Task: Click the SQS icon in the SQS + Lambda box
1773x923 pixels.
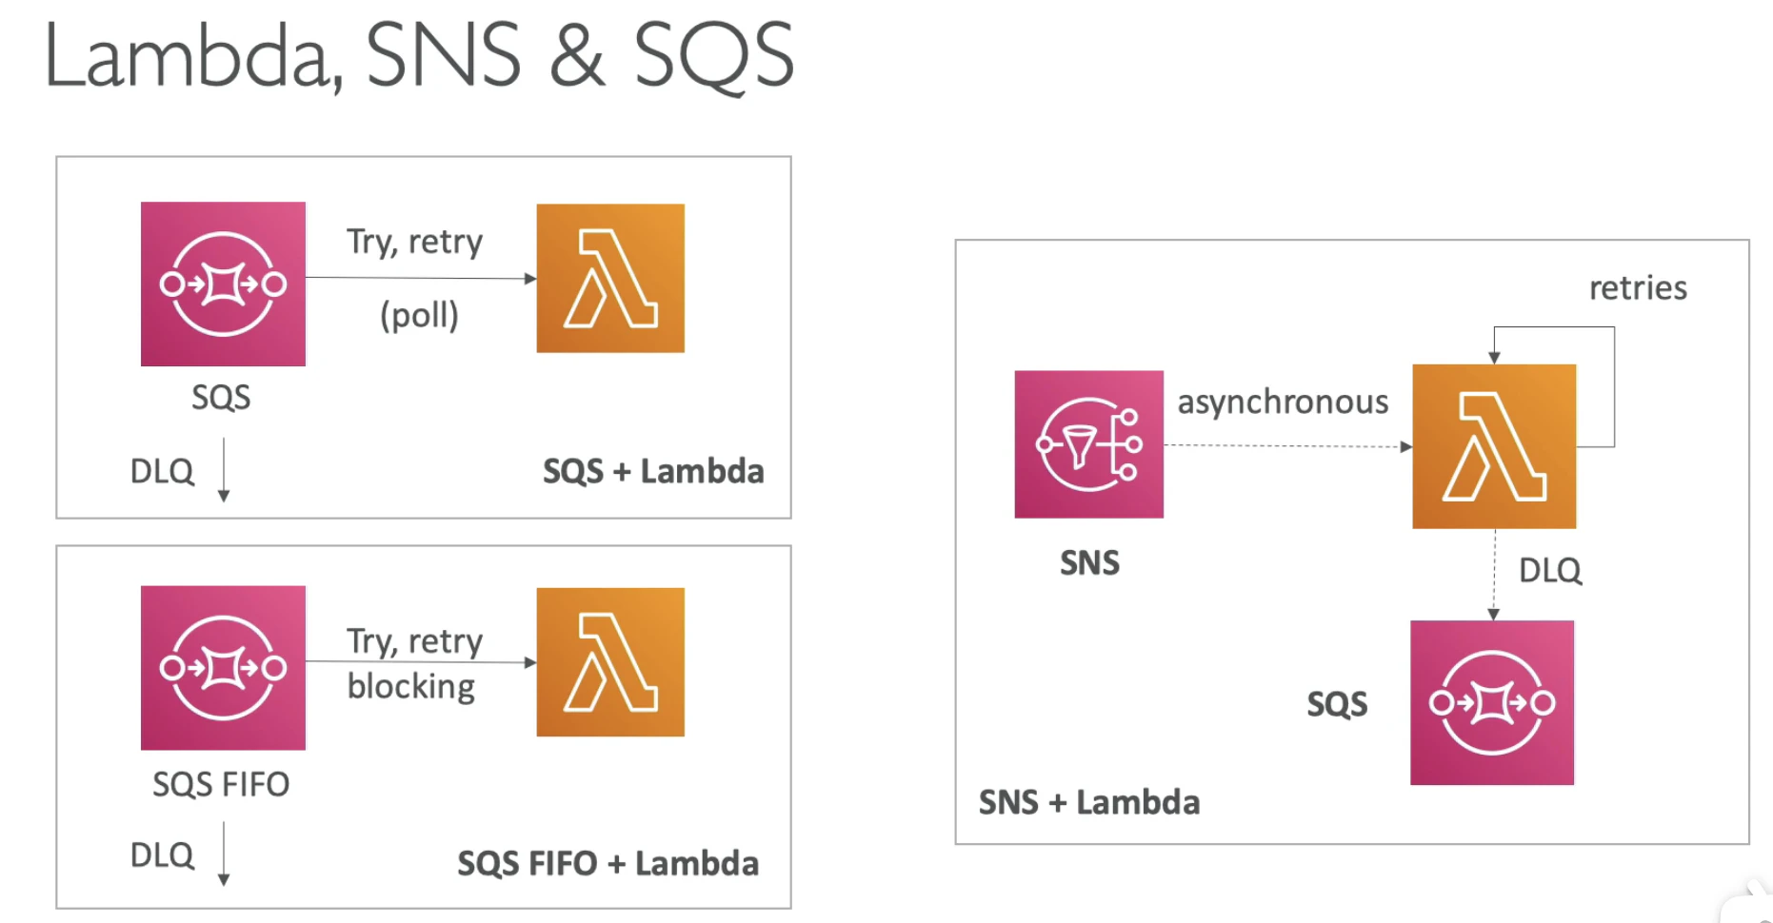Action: [x=223, y=284]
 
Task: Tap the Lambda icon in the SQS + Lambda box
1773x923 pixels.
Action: [x=610, y=278]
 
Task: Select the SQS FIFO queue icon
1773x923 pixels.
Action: [x=223, y=667]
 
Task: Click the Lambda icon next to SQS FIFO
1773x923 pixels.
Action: [x=610, y=662]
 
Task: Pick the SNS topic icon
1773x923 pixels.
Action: [x=1088, y=443]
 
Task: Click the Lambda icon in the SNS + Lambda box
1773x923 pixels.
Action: [x=1494, y=446]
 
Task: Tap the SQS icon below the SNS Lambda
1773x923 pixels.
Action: [x=1492, y=702]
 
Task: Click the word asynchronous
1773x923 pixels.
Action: [x=1283, y=403]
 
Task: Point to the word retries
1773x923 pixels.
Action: [x=1638, y=288]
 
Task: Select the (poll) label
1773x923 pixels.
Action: [x=419, y=315]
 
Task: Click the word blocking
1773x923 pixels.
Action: [x=411, y=686]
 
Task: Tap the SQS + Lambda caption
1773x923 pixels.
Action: [x=653, y=471]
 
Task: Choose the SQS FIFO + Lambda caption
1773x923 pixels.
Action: [x=608, y=863]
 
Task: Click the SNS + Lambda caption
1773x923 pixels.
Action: [x=1089, y=802]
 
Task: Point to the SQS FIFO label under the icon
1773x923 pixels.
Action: [x=221, y=784]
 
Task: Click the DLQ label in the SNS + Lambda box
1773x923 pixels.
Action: [x=1550, y=570]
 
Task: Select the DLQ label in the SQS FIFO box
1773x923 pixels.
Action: [x=162, y=854]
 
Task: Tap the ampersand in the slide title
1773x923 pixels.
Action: [x=577, y=56]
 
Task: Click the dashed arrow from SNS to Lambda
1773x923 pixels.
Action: [x=1287, y=445]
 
